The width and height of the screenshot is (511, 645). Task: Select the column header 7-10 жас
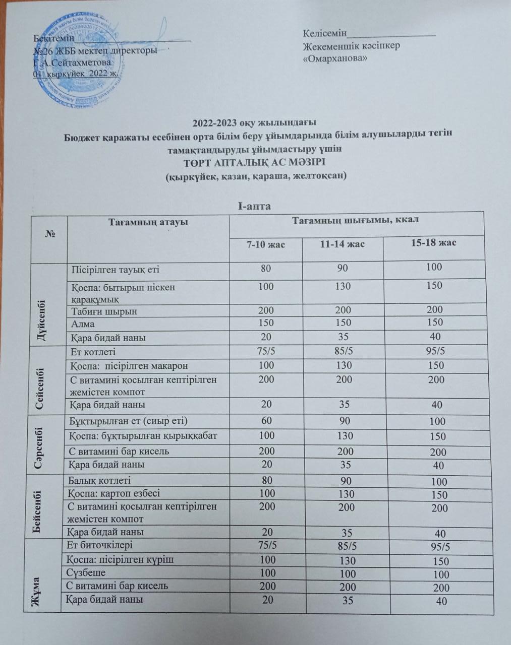point(265,244)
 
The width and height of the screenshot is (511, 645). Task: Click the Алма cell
point(83,324)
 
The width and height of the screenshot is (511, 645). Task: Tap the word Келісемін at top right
point(325,34)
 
